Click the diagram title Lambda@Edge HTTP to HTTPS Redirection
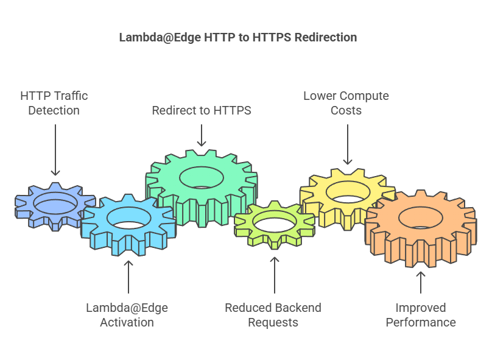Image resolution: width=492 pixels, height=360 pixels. [237, 37]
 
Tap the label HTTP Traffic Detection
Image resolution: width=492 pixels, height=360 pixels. [54, 103]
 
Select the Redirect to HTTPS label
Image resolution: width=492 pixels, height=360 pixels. [201, 110]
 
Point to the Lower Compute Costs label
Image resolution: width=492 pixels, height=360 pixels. [346, 103]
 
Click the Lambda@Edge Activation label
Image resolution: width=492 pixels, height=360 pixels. [127, 315]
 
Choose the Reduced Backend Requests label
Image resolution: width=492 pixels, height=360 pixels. [273, 315]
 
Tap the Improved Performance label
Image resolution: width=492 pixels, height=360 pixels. [421, 315]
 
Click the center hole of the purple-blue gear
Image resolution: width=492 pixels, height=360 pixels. [55, 202]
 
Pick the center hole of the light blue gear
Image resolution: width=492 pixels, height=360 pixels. [128, 217]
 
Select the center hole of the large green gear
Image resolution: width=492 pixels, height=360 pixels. [201, 177]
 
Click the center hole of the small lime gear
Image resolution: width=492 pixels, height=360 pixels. [275, 222]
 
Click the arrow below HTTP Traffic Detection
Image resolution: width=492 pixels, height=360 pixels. [55, 150]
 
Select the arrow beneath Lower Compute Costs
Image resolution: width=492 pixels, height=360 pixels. [347, 144]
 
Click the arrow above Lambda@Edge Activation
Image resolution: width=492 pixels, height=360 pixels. [128, 277]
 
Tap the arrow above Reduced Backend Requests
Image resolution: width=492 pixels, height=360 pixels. [274, 274]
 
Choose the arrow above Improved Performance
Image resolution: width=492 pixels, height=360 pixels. [421, 282]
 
